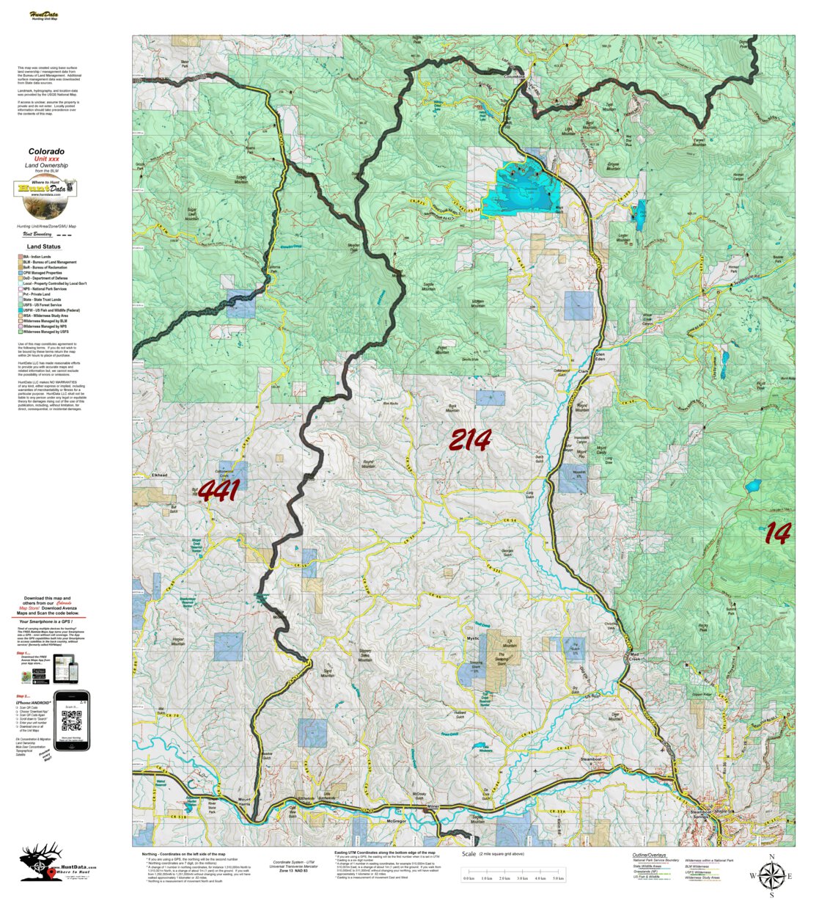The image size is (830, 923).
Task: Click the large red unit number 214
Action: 469,440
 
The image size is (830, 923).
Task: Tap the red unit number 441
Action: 219,491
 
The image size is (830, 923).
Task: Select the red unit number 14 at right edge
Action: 778,533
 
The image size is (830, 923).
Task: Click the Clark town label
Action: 584,371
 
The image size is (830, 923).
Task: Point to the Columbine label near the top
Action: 516,76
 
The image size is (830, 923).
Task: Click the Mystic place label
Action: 473,638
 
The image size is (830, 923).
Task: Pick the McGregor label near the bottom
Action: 396,821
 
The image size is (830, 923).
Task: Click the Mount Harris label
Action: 244,802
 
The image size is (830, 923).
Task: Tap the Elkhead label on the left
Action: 159,475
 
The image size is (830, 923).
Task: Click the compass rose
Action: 771,875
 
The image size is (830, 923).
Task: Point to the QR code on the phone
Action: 71,721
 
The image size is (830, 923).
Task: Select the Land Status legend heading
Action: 44,247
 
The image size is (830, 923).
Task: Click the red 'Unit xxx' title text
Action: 46,159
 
